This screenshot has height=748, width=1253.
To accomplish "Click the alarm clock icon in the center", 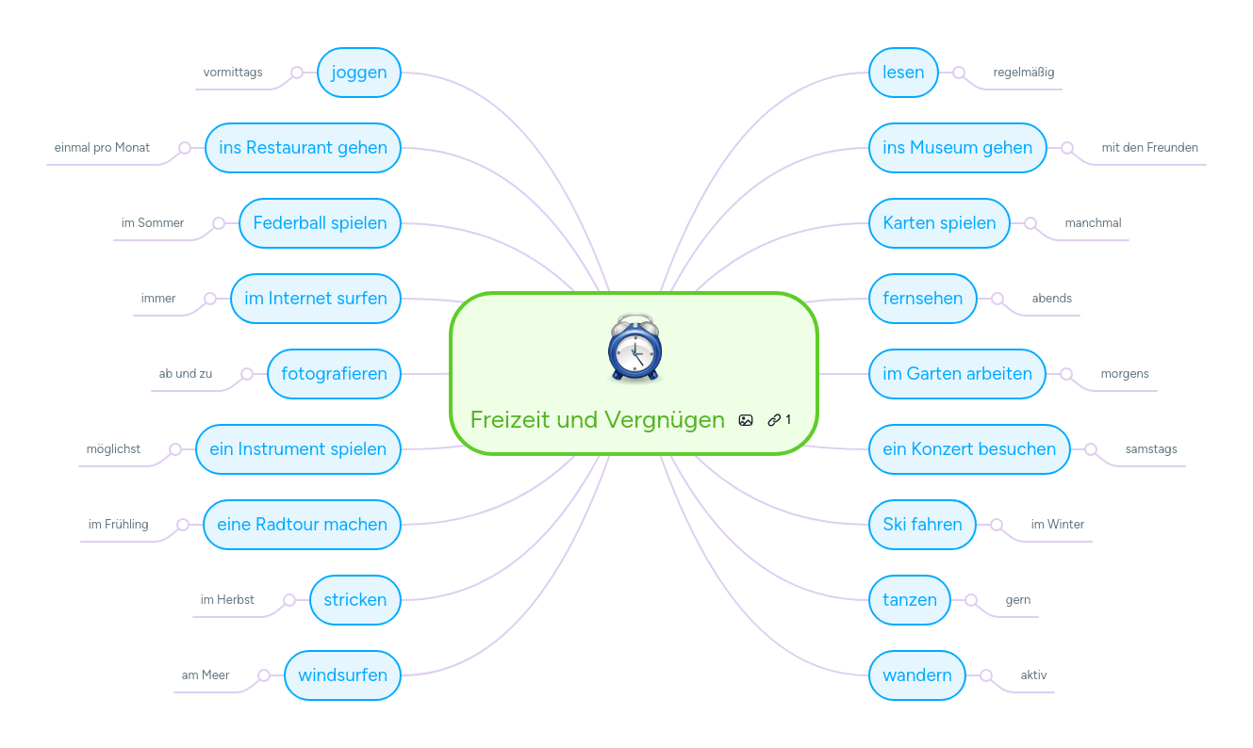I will [x=635, y=348].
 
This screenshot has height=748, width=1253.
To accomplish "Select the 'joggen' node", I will [x=359, y=73].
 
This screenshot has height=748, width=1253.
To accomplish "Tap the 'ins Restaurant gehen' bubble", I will [x=303, y=148].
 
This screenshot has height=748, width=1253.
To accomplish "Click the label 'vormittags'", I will [x=233, y=73].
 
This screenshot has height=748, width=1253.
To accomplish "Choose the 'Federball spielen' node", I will [x=320, y=223].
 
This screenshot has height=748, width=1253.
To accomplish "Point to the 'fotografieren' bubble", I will [x=334, y=374].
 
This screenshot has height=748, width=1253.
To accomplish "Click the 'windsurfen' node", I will [x=342, y=675].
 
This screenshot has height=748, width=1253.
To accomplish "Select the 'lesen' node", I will [x=903, y=73].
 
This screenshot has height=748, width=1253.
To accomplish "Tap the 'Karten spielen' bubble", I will [x=939, y=223].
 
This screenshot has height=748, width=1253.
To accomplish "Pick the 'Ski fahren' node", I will [x=922, y=525].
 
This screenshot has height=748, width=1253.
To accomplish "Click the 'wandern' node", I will [x=916, y=675].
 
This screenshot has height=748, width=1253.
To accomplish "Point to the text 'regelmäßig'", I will [x=1024, y=73].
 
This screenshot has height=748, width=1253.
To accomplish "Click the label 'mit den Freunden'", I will [x=1149, y=148].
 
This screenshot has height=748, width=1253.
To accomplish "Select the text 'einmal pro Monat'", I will [x=102, y=148].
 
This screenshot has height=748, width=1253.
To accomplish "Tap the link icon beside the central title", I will [x=774, y=420].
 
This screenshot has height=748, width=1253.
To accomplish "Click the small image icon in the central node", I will [x=746, y=420].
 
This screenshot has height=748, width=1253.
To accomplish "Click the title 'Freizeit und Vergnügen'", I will [x=597, y=420].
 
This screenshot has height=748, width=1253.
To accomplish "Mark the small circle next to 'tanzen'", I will [x=971, y=600].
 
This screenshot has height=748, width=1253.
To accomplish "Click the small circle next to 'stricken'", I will [x=289, y=600].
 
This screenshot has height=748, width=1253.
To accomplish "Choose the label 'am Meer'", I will [x=206, y=675].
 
